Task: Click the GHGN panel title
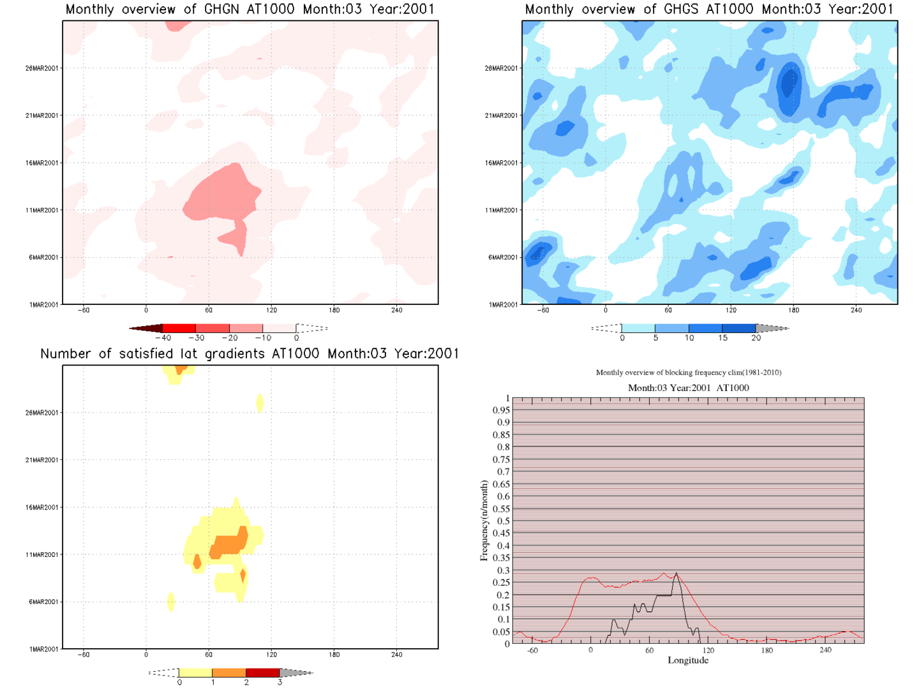tap(250, 10)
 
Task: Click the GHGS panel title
tap(709, 10)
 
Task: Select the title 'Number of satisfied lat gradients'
tap(250, 354)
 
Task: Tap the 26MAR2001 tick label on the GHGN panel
tap(42, 68)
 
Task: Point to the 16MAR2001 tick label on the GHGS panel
tap(502, 163)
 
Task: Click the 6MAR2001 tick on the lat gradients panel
tap(43, 602)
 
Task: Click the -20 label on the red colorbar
tap(229, 338)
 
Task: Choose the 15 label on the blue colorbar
tap(722, 338)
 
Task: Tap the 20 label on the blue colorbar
tap(756, 338)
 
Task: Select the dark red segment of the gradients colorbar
tap(263, 673)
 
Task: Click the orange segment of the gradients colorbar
tap(229, 673)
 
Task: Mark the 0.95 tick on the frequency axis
tap(501, 410)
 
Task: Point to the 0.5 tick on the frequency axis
tap(502, 521)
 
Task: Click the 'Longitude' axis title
tap(688, 660)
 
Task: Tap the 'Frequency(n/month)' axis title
tap(484, 521)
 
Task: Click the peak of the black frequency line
tap(676, 573)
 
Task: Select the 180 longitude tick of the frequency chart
tap(766, 650)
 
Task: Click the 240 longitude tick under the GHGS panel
tap(856, 310)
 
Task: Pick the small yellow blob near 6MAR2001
tap(170, 602)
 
